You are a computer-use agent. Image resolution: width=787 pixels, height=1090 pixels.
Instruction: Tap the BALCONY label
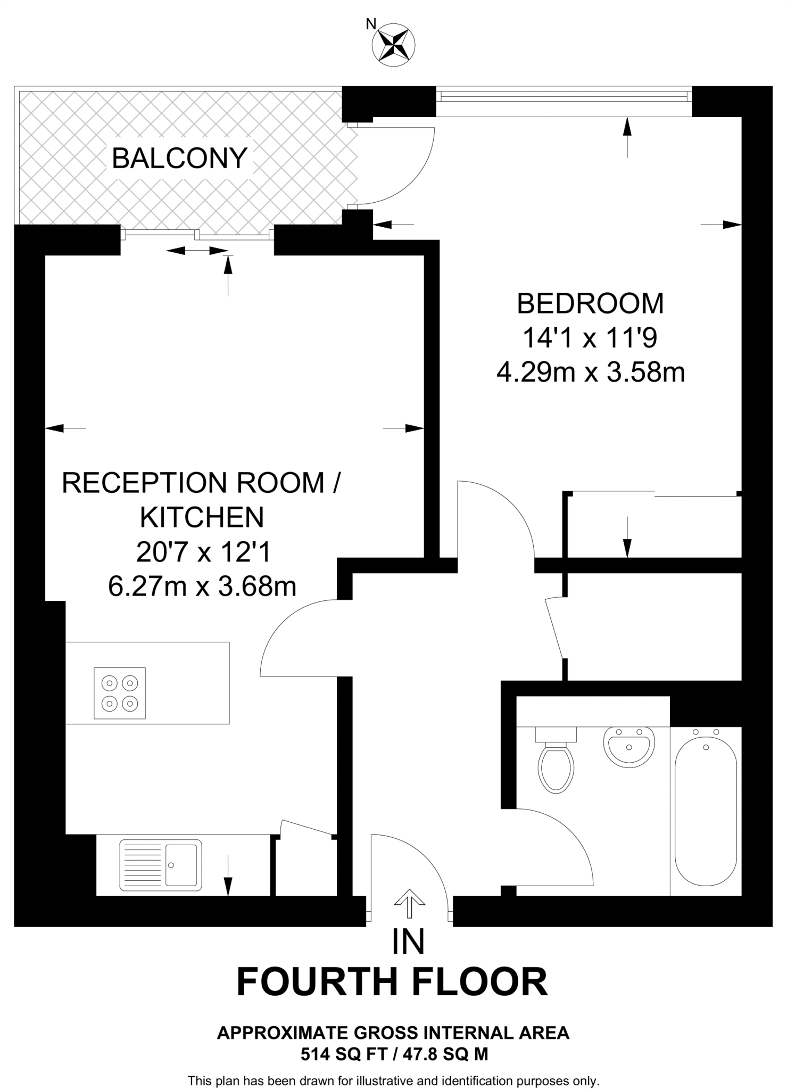180,158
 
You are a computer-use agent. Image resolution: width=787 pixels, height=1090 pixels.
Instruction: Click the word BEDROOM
590,303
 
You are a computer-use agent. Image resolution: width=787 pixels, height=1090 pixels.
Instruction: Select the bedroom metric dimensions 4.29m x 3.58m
590,373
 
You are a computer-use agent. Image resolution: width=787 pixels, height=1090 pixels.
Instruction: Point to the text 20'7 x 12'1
203,552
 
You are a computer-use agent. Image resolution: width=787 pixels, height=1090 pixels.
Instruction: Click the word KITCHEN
202,517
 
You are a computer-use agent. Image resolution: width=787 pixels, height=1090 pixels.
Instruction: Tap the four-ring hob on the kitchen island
120,693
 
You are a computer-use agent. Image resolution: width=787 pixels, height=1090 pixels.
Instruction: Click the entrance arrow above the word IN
409,903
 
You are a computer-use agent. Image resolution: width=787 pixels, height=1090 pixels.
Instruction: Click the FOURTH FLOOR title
392,982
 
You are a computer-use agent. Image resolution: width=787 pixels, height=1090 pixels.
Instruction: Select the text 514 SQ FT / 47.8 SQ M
394,1054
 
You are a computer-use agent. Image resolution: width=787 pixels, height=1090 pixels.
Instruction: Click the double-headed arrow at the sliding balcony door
197,250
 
